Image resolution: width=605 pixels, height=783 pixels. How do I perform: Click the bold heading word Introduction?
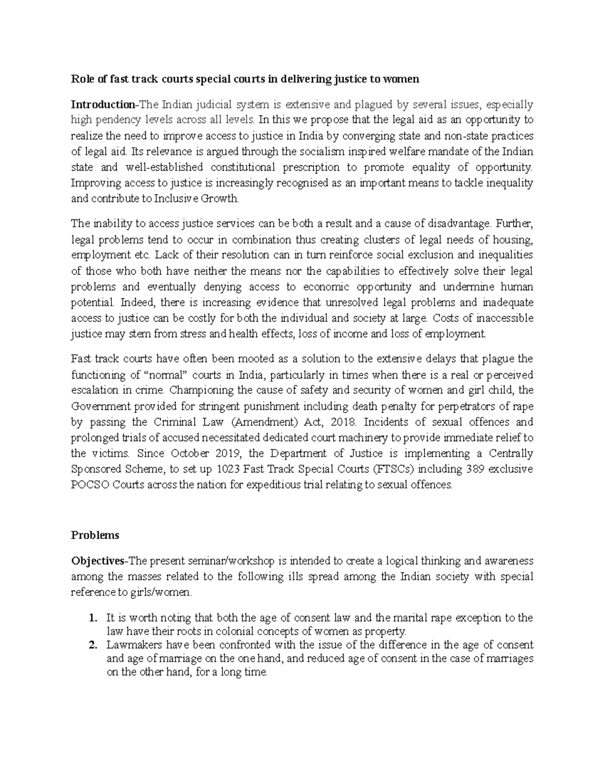[x=103, y=105]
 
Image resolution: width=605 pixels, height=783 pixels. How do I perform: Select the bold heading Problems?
[x=95, y=535]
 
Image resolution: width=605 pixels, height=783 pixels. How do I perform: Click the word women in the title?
[x=401, y=79]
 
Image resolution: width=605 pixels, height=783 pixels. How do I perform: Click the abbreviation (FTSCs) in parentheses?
[x=392, y=469]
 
